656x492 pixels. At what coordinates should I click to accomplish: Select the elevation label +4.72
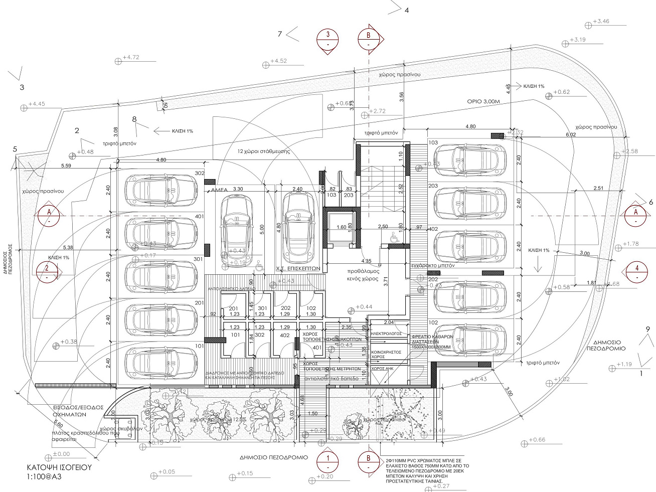[x=130, y=58]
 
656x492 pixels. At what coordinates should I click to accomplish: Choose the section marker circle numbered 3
[x=327, y=39]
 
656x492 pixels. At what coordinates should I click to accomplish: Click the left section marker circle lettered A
[x=49, y=216]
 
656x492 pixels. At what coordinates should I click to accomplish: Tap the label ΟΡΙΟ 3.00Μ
[x=484, y=101]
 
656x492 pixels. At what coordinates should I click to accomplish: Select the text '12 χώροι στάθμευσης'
[x=264, y=151]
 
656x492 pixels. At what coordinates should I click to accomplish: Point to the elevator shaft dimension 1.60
[x=341, y=227]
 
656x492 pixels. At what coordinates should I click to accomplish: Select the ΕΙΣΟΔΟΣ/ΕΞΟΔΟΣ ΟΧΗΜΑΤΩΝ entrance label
[x=78, y=411]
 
